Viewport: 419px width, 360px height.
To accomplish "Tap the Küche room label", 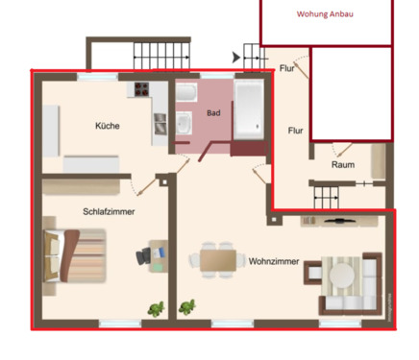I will point(108,126).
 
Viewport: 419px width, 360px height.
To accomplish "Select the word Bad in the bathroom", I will point(213,113).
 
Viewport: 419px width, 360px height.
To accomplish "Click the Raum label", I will point(343,165).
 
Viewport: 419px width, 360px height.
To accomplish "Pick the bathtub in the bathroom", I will point(249,110).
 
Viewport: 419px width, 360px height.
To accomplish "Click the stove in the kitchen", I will point(141,92).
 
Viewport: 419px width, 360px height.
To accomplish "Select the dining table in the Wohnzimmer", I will point(217,259).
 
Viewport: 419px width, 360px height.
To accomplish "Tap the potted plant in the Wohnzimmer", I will point(187,308).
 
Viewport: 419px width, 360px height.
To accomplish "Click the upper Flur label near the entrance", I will point(287,68).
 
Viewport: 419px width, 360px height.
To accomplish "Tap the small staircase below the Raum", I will point(327,198).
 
